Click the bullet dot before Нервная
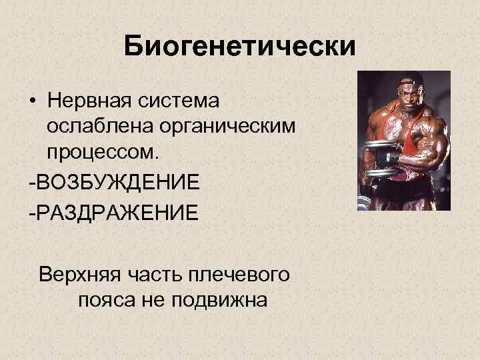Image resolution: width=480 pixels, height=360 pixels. point(32,103)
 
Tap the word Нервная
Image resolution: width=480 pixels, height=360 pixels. point(91,102)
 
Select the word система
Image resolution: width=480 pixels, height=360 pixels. point(183,102)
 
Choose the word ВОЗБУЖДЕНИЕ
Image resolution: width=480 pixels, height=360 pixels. point(117,181)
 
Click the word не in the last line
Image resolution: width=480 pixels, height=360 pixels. point(154,299)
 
